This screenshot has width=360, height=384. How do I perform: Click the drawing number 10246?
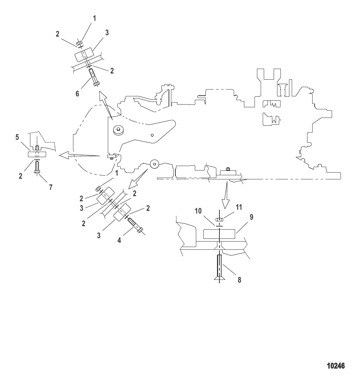336,366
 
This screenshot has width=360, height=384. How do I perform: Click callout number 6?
77,94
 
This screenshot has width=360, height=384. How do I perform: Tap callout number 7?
51,187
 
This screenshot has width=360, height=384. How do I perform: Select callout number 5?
17,137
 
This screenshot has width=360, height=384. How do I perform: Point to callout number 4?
119,240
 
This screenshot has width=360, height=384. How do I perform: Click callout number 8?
240,280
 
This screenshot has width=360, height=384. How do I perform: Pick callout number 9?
251,217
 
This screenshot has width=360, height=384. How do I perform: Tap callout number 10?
198,211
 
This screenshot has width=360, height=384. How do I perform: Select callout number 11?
239,207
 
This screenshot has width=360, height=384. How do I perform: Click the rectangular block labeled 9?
219,234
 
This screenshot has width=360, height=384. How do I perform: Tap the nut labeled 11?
219,219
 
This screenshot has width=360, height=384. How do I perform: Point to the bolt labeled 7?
37,167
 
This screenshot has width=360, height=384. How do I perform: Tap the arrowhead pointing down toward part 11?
226,203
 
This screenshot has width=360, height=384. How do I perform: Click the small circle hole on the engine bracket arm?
152,135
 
